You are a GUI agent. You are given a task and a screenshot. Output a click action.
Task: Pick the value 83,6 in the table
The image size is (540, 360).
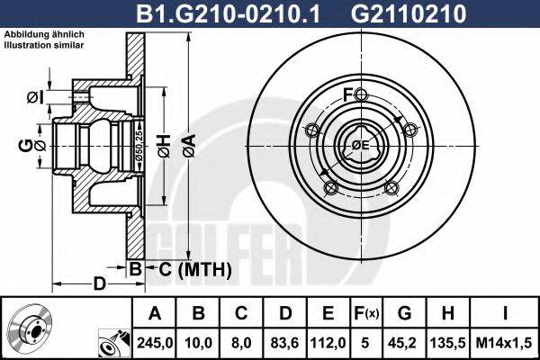(284, 342)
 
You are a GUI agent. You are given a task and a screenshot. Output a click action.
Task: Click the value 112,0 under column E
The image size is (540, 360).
(328, 342)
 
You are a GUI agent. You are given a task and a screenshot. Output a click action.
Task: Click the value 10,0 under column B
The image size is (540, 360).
(198, 342)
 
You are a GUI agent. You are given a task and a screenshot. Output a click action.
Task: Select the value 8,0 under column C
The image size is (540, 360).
(241, 342)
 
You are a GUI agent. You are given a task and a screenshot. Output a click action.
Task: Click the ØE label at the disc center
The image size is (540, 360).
(360, 144)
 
